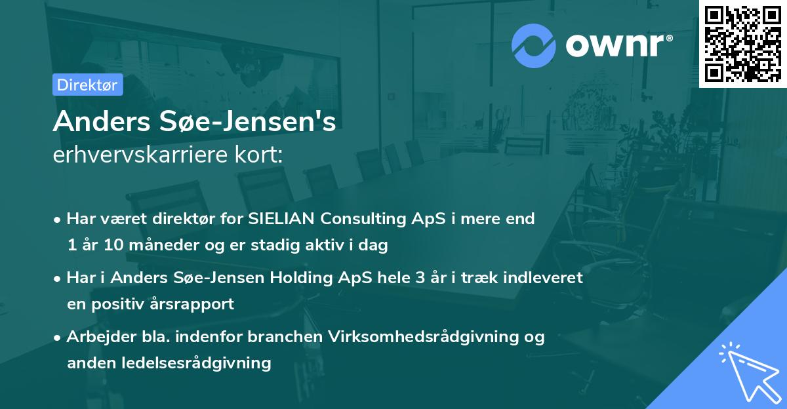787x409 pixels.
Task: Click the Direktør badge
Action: pyautogui.click(x=87, y=85)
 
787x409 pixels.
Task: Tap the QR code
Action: pyautogui.click(x=742, y=43)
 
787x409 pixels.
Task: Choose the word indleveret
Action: pyautogui.click(x=544, y=277)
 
